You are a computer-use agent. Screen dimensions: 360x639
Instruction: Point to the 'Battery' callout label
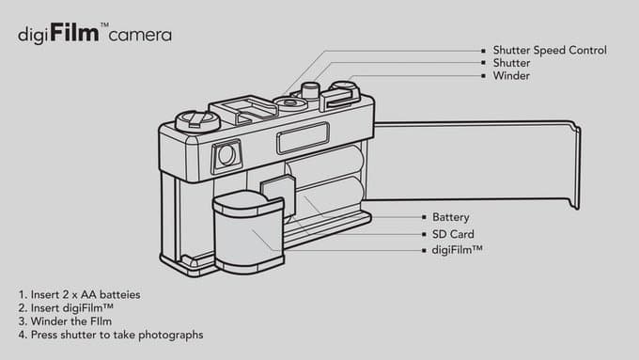pyautogui.click(x=451, y=217)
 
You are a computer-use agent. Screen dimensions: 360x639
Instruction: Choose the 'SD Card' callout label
pyautogui.click(x=453, y=234)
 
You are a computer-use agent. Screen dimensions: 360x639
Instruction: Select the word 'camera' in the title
pyautogui.click(x=139, y=37)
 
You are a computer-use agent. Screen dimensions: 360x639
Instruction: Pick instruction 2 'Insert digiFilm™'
pyautogui.click(x=66, y=307)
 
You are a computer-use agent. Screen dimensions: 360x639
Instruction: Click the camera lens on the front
pyautogui.click(x=226, y=155)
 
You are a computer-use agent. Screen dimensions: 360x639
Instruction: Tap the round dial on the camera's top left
pyautogui.click(x=198, y=119)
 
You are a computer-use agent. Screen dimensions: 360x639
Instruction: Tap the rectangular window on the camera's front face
pyautogui.click(x=303, y=138)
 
